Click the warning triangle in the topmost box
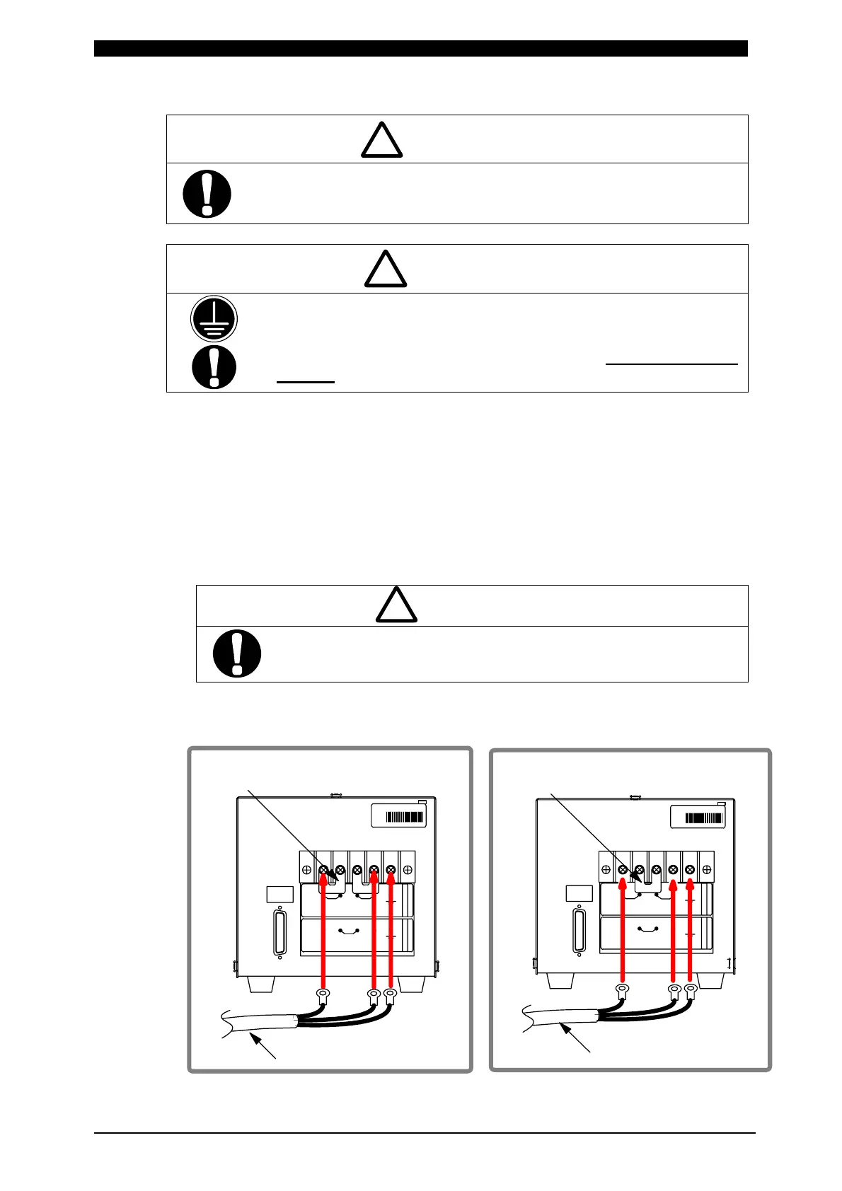pyautogui.click(x=381, y=141)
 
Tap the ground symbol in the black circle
pyautogui.click(x=214, y=319)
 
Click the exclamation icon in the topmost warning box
pyautogui.click(x=207, y=193)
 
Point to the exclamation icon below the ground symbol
pyautogui.click(x=214, y=366)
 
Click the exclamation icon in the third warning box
pyautogui.click(x=237, y=653)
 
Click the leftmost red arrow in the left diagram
pyautogui.click(x=323, y=934)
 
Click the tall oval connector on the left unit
pyautogui.click(x=279, y=931)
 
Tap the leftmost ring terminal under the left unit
pyautogui.click(x=323, y=997)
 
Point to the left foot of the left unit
pyautogui.click(x=262, y=984)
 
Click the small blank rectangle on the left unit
pyautogui.click(x=279, y=894)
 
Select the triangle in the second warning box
pyautogui.click(x=386, y=269)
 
